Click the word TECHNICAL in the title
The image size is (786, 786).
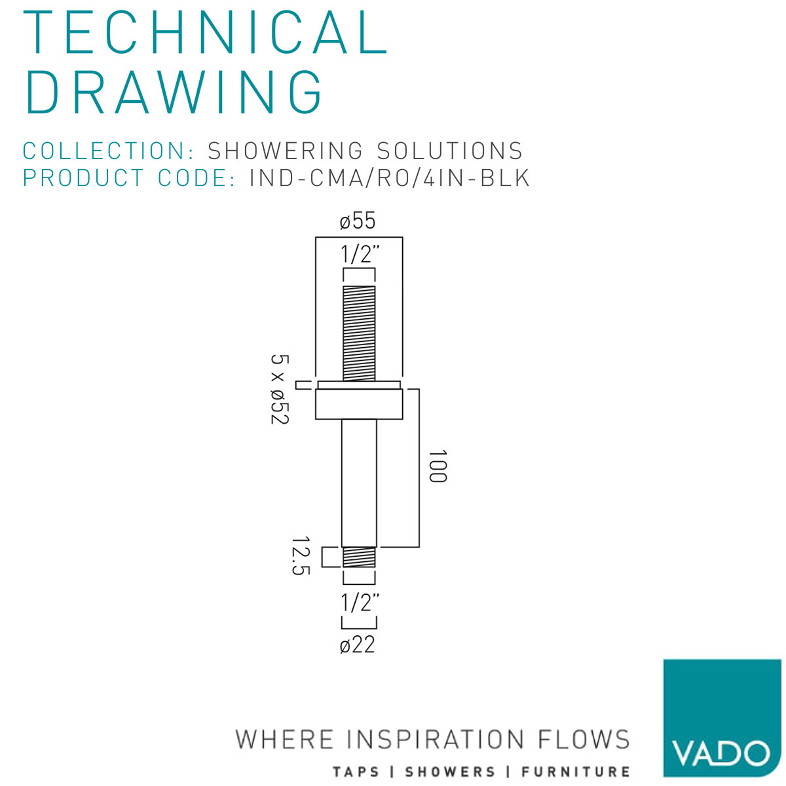(205, 32)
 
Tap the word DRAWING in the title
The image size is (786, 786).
(174, 92)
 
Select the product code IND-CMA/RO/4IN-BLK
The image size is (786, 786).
(389, 178)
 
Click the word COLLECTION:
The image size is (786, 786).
(109, 151)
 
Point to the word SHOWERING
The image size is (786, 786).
(285, 151)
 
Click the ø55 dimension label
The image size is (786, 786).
(358, 221)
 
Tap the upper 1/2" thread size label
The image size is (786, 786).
(359, 254)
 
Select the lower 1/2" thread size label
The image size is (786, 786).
(359, 603)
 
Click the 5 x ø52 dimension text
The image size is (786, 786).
(280, 390)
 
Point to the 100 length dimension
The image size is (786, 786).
(438, 466)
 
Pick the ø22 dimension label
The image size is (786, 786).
(358, 645)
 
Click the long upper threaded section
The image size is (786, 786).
(359, 333)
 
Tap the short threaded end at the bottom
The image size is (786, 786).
(359, 557)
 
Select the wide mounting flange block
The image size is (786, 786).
(359, 404)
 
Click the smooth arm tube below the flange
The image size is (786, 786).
(359, 483)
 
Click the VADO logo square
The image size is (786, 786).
(722, 718)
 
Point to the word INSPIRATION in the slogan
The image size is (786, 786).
(435, 739)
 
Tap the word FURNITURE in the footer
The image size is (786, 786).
(576, 772)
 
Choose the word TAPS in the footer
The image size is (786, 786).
(356, 772)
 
